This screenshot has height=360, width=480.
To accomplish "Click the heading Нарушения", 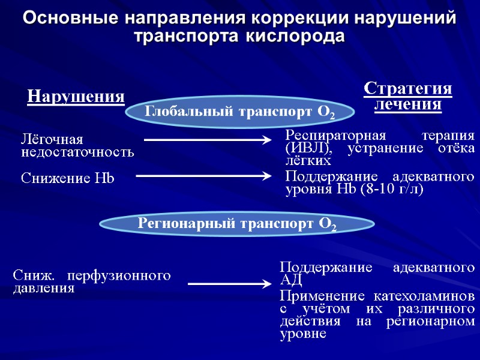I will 76,96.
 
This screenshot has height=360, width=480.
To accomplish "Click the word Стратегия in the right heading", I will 408,89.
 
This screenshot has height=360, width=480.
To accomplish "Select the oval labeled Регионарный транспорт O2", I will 237,224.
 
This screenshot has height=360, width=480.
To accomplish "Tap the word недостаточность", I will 78,152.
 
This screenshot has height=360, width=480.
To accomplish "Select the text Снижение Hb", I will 68,178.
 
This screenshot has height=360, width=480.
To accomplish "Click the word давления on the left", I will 44,288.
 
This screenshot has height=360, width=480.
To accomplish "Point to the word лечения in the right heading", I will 408,104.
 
